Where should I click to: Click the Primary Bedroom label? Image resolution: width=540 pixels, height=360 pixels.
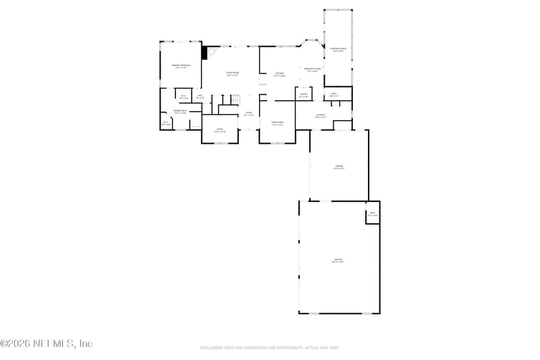click(x=180, y=66)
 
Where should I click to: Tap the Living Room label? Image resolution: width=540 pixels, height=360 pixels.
click(x=232, y=74)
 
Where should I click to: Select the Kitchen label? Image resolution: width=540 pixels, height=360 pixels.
click(x=279, y=74)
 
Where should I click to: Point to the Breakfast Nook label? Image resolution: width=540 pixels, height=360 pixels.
click(x=313, y=70)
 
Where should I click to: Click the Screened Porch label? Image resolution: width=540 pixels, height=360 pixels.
click(x=338, y=50)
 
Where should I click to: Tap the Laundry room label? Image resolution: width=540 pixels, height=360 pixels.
click(x=321, y=116)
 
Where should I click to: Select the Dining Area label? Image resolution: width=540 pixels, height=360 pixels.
click(x=277, y=124)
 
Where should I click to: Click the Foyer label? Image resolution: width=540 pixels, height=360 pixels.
click(x=248, y=114)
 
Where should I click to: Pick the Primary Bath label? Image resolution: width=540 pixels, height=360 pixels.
click(x=180, y=111)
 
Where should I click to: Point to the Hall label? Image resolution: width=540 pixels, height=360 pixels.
click(x=200, y=97)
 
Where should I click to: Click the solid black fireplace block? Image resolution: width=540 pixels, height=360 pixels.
click(x=205, y=52)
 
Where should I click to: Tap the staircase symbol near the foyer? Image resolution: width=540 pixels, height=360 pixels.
click(x=234, y=101)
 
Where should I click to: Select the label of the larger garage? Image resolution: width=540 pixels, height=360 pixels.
click(x=338, y=261)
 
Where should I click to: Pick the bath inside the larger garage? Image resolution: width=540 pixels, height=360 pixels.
click(x=373, y=215)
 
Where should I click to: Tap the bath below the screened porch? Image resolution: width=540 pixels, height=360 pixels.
click(x=333, y=95)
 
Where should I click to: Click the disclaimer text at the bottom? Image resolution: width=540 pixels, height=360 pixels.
click(x=269, y=348)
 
